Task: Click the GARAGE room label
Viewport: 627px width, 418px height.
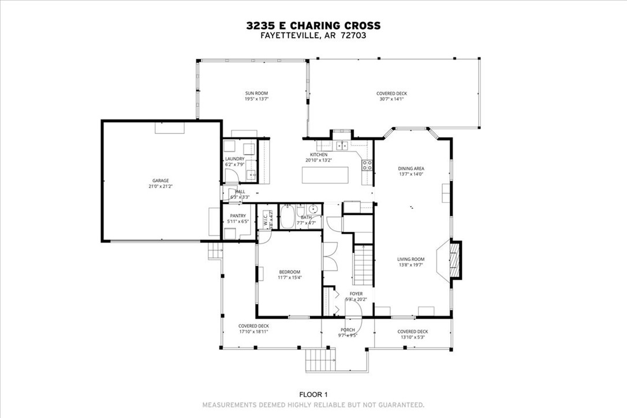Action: (161, 181)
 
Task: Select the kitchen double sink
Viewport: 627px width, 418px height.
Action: (342, 145)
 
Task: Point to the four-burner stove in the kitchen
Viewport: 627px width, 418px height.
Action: (367, 166)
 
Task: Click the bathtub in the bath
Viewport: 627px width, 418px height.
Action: (287, 218)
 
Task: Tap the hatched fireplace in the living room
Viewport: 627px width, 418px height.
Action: (456, 260)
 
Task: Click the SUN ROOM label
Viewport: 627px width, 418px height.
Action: (256, 93)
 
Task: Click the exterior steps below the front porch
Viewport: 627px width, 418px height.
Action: (320, 360)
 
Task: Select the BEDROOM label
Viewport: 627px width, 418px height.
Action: (289, 272)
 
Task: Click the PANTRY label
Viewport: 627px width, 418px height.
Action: (238, 216)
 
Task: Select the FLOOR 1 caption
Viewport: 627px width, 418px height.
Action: (313, 394)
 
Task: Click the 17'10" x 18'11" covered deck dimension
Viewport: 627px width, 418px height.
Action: (254, 333)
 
